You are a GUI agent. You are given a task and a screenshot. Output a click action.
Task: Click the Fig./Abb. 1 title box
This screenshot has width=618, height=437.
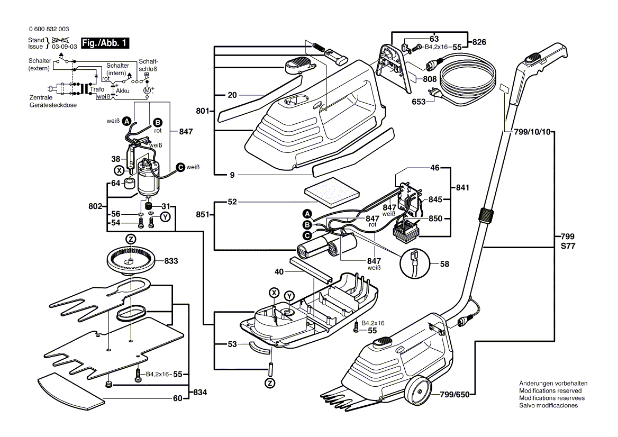pyautogui.click(x=105, y=43)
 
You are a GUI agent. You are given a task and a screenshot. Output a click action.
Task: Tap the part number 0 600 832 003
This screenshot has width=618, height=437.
pyautogui.click(x=49, y=29)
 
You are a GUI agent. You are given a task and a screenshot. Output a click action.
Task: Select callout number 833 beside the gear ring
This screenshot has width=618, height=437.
pyautogui.click(x=171, y=261)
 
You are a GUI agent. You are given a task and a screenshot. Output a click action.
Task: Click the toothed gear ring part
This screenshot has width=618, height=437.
pyautogui.click(x=130, y=260)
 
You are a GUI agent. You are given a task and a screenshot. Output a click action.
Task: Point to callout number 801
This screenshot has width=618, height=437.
pyautogui.click(x=203, y=111)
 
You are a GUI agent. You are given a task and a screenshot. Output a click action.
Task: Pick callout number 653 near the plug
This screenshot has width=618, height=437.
pyautogui.click(x=419, y=102)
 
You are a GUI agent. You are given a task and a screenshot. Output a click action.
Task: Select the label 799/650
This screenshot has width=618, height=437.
pyautogui.click(x=455, y=395)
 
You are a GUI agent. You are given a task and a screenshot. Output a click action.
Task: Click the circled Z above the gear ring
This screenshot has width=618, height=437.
pyautogui.click(x=131, y=239)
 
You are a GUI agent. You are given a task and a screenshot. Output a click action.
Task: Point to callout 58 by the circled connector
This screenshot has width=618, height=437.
pyautogui.click(x=444, y=264)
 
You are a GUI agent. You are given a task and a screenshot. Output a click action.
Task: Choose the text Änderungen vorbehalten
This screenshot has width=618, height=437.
pyautogui.click(x=553, y=383)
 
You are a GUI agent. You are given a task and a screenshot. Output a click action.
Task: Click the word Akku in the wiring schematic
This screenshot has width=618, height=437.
pyautogui.click(x=123, y=90)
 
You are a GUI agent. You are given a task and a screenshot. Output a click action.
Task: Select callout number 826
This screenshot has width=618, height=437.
pyautogui.click(x=479, y=42)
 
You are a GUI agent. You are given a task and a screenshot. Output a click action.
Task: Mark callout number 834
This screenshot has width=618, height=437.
pyautogui.click(x=200, y=393)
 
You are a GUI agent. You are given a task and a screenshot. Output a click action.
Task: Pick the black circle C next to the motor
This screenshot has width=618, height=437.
pyautogui.click(x=180, y=167)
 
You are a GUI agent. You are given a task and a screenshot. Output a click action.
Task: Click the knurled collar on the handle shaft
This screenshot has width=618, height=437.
pyautogui.click(x=486, y=215)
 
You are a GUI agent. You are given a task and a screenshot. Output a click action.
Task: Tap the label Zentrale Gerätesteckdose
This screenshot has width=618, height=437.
pyautogui.click(x=53, y=101)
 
